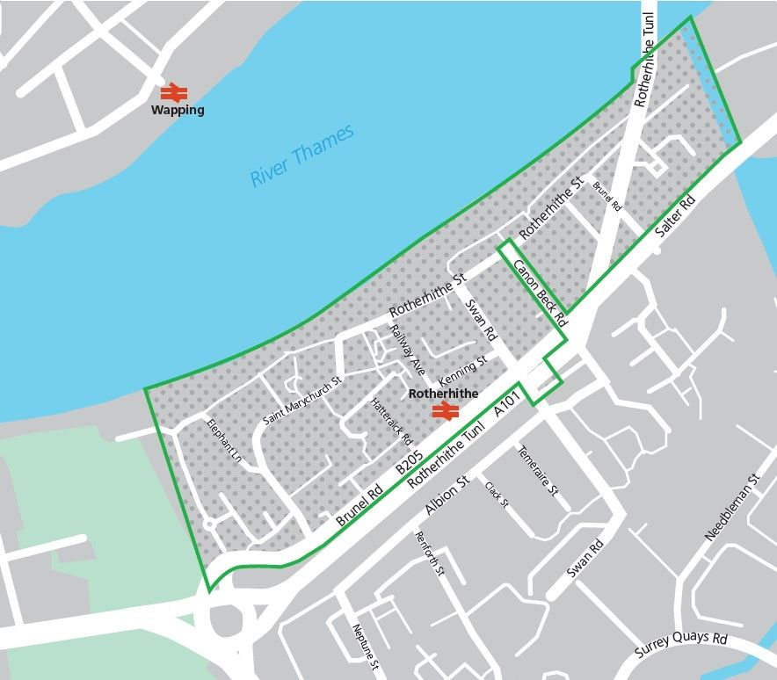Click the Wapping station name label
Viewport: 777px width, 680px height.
coord(178,111)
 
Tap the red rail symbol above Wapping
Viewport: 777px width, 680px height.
coord(173,91)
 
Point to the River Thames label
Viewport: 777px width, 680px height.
coord(301,155)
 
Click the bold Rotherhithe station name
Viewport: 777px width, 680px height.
coord(444,394)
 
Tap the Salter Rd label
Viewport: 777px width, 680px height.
coord(676,220)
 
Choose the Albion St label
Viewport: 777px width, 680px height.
coord(445,498)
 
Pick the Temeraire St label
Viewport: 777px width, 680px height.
coord(538,472)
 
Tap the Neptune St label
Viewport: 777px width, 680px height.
coord(364,646)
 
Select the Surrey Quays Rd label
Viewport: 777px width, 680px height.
coord(682,648)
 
